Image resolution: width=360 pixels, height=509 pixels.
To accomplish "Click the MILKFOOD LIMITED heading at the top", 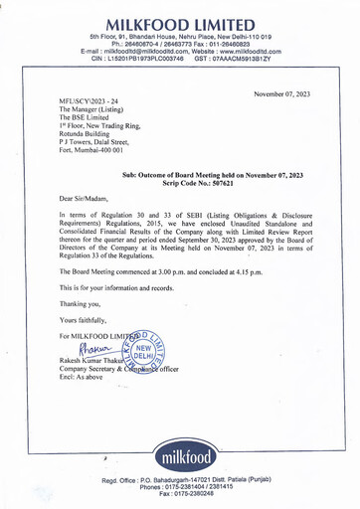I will (180, 23).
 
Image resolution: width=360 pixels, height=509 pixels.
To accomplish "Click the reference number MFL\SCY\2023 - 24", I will (89, 101).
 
